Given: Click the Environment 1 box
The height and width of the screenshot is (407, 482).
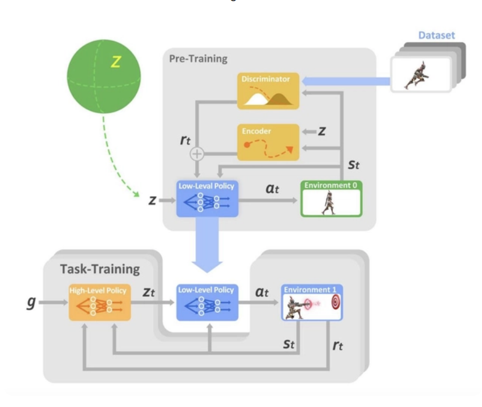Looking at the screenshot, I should (x=312, y=302).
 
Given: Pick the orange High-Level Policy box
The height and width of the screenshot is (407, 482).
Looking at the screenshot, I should (x=99, y=302).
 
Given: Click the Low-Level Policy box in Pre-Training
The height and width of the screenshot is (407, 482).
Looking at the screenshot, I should (x=207, y=199).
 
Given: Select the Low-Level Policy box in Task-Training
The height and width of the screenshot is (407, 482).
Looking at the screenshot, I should (x=207, y=302).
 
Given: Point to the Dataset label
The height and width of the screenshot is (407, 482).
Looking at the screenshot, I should (x=436, y=36).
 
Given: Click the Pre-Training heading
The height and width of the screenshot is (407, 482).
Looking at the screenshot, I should (x=198, y=59).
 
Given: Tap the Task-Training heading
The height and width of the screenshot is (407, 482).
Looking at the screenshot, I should (x=100, y=269).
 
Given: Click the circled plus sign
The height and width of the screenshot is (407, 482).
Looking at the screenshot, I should (x=197, y=154).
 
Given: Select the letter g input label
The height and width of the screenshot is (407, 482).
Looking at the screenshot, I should (x=32, y=303).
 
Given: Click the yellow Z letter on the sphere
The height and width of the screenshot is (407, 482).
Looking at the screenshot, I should (x=115, y=61).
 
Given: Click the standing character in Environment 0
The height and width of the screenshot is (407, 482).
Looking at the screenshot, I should (x=329, y=202).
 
